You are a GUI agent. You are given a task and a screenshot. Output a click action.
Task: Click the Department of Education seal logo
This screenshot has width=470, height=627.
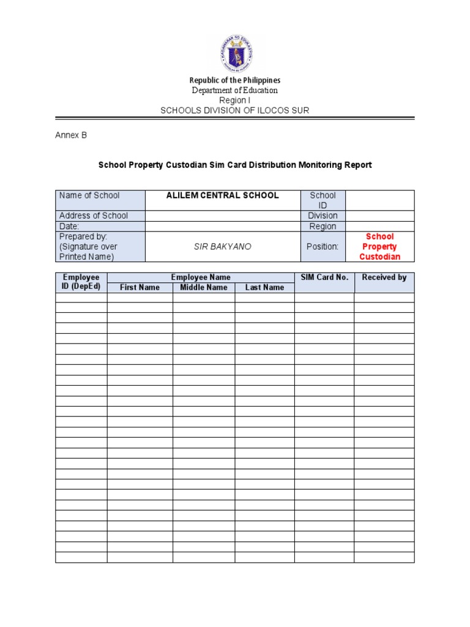pos(235,54)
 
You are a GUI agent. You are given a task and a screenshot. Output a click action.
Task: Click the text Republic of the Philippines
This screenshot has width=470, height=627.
pos(235,80)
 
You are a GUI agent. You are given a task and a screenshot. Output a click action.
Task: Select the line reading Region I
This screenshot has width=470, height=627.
pos(235,100)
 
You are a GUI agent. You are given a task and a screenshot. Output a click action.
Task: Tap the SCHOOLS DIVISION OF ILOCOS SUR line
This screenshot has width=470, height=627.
pos(235,111)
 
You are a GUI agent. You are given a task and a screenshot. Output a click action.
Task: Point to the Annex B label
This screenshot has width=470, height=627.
pos(71,135)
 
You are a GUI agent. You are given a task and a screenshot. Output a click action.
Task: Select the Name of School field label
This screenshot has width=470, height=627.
pos(89,195)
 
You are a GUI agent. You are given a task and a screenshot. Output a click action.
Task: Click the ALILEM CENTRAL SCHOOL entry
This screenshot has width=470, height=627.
pos(223,195)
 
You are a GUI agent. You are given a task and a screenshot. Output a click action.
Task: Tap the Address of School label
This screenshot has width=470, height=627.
pos(94,216)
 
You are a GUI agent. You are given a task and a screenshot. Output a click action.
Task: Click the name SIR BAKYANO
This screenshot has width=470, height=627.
pos(223,247)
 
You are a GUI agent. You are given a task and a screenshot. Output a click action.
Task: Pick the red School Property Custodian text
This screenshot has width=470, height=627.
pos(379,247)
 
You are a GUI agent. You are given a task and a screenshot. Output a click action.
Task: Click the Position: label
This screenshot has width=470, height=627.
pos(323,247)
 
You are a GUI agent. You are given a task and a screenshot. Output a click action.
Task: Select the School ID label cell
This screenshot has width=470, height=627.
pos(323,200)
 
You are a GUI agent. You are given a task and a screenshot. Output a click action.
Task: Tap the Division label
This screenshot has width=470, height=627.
pos(323,216)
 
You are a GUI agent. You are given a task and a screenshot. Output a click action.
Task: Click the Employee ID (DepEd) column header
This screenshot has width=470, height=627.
pos(81,282)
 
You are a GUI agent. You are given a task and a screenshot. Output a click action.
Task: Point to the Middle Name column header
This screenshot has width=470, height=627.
pos(203,287)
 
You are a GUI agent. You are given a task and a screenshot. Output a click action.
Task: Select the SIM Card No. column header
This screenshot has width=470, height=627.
pos(324,277)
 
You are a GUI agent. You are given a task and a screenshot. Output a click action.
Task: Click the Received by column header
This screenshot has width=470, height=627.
pos(384,277)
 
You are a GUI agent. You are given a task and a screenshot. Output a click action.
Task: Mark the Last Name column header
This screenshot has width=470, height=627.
pos(264,287)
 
